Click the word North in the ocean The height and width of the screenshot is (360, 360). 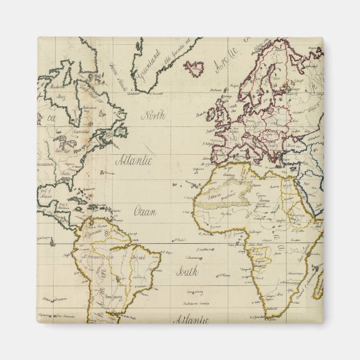(153, 115)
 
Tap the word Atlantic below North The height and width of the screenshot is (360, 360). (133, 162)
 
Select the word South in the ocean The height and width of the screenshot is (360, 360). (187, 273)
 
